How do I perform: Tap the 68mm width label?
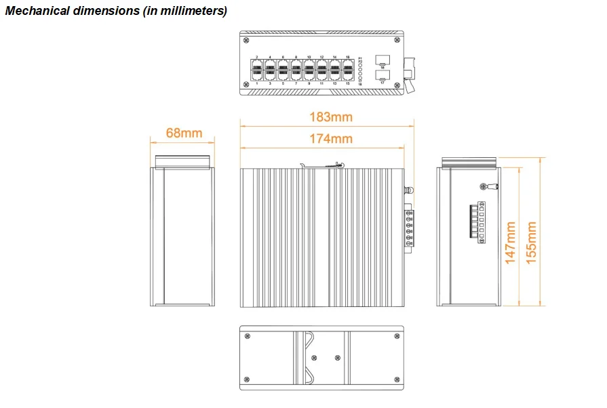[x=184, y=133]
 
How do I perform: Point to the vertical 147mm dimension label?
[x=511, y=242]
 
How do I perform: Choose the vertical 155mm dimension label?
[x=532, y=242]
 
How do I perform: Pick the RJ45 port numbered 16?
[x=348, y=66]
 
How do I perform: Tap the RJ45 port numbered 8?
[x=296, y=66]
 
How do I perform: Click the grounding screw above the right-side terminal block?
[x=484, y=186]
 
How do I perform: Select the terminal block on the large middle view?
[x=409, y=229]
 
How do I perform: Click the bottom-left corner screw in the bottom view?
[x=247, y=382]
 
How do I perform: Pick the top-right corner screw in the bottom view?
[x=396, y=334]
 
